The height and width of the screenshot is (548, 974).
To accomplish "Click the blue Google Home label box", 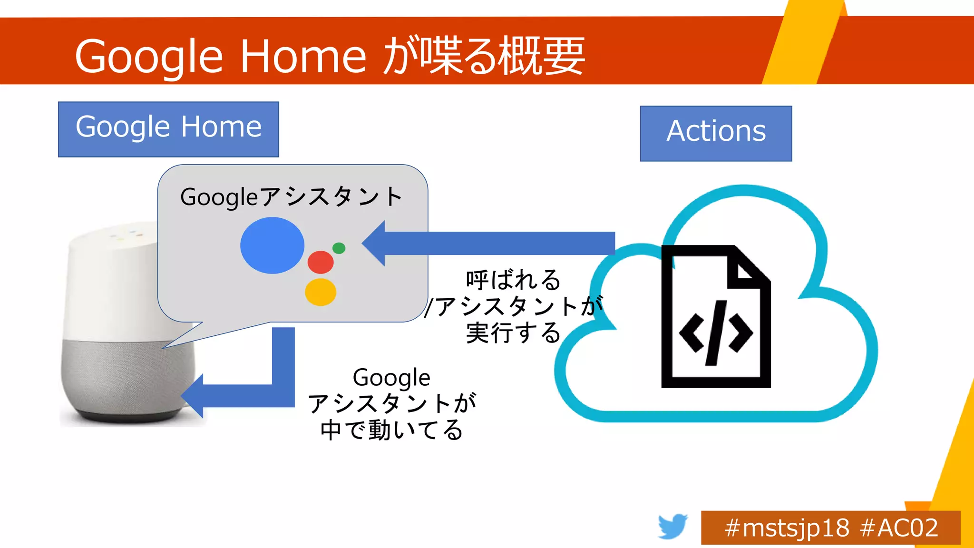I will pyautogui.click(x=168, y=129).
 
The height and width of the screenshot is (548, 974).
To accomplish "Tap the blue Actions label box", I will pyautogui.click(x=716, y=133).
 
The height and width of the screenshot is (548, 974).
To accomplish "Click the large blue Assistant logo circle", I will pyautogui.click(x=272, y=245).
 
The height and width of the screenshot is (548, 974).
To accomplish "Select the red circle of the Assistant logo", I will pyautogui.click(x=321, y=262).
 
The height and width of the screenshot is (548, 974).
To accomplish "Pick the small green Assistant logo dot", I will pyautogui.click(x=339, y=248).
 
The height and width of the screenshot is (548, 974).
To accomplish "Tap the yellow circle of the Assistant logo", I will pyautogui.click(x=321, y=292).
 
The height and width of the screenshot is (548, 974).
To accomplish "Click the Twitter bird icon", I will pyautogui.click(x=672, y=526).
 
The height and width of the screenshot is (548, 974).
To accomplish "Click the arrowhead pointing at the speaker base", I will pyautogui.click(x=193, y=396).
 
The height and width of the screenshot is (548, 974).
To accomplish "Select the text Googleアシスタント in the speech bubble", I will pyautogui.click(x=292, y=196).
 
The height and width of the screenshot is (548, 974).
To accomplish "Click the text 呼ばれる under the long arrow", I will pyautogui.click(x=513, y=280).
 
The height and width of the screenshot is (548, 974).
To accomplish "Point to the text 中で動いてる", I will pyautogui.click(x=391, y=430).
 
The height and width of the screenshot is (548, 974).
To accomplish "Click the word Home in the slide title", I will pyautogui.click(x=303, y=56).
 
